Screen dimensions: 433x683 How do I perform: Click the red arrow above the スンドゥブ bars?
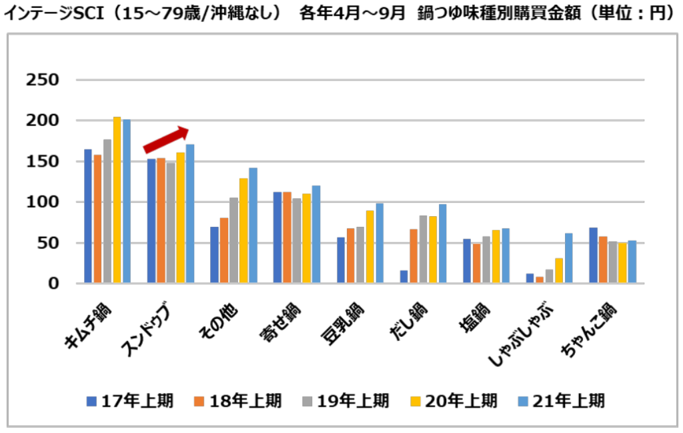pos(167,139)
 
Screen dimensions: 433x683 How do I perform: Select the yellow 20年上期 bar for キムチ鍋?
pos(117,200)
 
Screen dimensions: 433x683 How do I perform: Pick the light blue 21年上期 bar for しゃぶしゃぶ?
pos(569,258)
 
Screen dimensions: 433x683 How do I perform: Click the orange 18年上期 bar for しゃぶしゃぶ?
pos(539,280)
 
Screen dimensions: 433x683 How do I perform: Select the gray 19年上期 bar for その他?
pos(234,240)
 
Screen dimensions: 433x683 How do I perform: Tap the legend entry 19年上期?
pos(353,401)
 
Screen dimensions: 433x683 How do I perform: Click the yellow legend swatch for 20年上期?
pos(415,401)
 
